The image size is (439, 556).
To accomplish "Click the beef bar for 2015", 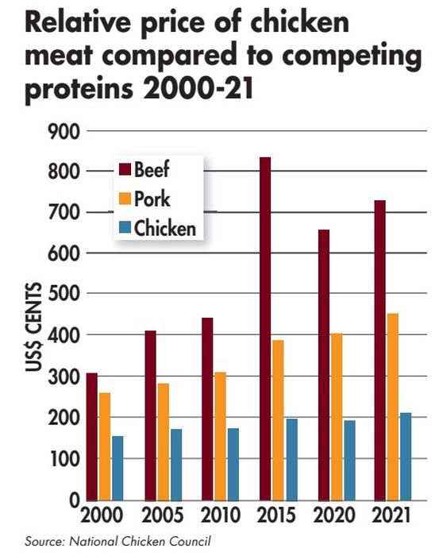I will (265, 329).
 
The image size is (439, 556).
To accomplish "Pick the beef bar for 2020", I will (325, 365).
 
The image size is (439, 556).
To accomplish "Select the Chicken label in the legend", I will (164, 228).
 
